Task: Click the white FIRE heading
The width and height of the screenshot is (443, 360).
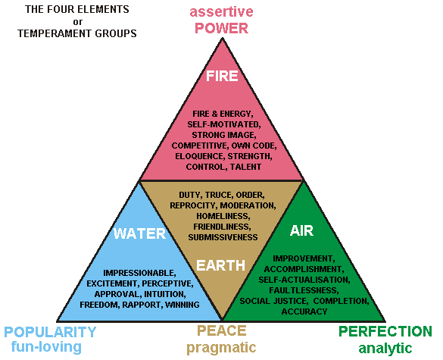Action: point(222,76)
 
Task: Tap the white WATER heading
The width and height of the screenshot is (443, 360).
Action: point(139,233)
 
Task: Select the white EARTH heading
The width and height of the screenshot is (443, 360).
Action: point(220,265)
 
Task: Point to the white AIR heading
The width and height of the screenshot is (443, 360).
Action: point(301,230)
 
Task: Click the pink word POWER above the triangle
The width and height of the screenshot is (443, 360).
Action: point(221,28)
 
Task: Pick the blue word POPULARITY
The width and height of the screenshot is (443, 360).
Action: point(50,332)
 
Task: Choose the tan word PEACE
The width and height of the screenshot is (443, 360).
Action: point(221,330)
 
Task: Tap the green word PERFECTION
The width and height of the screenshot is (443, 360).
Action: point(385,331)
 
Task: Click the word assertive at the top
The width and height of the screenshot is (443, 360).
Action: point(221,12)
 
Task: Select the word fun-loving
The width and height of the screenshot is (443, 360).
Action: point(46,346)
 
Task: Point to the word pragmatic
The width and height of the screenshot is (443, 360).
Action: point(221,348)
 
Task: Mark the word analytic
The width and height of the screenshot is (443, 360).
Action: point(385,348)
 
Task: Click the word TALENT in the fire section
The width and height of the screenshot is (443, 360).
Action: point(245,167)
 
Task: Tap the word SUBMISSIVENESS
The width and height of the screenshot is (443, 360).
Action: point(223,237)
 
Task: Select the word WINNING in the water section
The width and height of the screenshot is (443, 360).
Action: point(183,305)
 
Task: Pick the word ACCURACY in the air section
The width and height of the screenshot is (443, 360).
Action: point(304,311)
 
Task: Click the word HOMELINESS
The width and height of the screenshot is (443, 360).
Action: point(223,216)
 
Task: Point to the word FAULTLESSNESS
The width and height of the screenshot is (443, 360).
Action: point(304,290)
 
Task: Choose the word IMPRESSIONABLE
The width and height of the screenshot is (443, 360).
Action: point(139,273)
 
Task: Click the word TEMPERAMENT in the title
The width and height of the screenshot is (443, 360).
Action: point(55,33)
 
